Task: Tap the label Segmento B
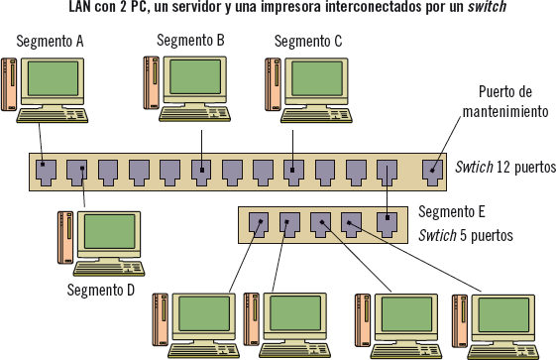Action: [190, 41]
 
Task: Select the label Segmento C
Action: [308, 42]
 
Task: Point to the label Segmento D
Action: [101, 290]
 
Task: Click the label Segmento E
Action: [452, 211]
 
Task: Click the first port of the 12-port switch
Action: [46, 173]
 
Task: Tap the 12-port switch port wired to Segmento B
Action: [200, 173]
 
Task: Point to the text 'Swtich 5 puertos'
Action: [466, 236]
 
